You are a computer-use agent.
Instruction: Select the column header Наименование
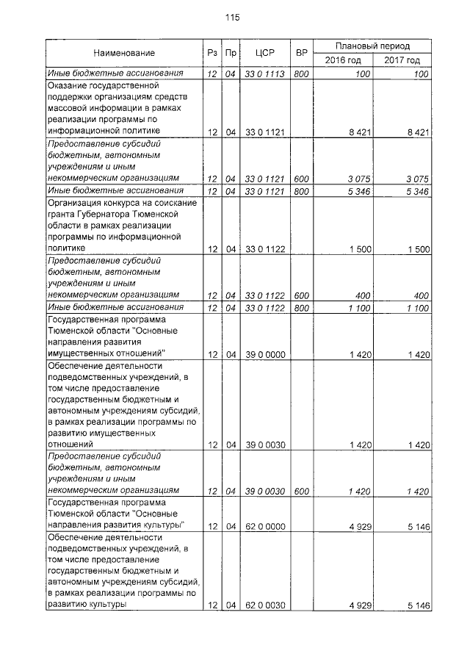point(123,53)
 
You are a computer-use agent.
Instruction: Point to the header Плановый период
point(372,46)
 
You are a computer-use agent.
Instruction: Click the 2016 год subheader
point(342,60)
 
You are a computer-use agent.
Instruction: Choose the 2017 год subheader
point(401,60)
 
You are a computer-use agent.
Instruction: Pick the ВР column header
point(301,53)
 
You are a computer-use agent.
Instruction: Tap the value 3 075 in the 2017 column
point(416,179)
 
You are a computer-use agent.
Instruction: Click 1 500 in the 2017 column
point(416,249)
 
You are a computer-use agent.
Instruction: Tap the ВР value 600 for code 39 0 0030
point(301,490)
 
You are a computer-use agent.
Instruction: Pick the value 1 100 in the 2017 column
point(416,308)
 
